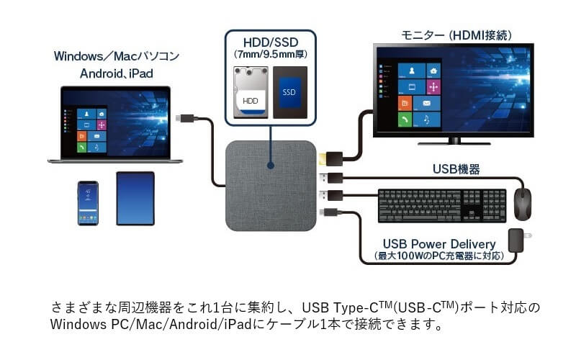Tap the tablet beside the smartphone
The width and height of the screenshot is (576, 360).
pyautogui.click(x=135, y=198)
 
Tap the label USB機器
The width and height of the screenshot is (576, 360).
pyautogui.click(x=456, y=170)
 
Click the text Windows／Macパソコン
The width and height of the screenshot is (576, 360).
pyautogui.click(x=116, y=55)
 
